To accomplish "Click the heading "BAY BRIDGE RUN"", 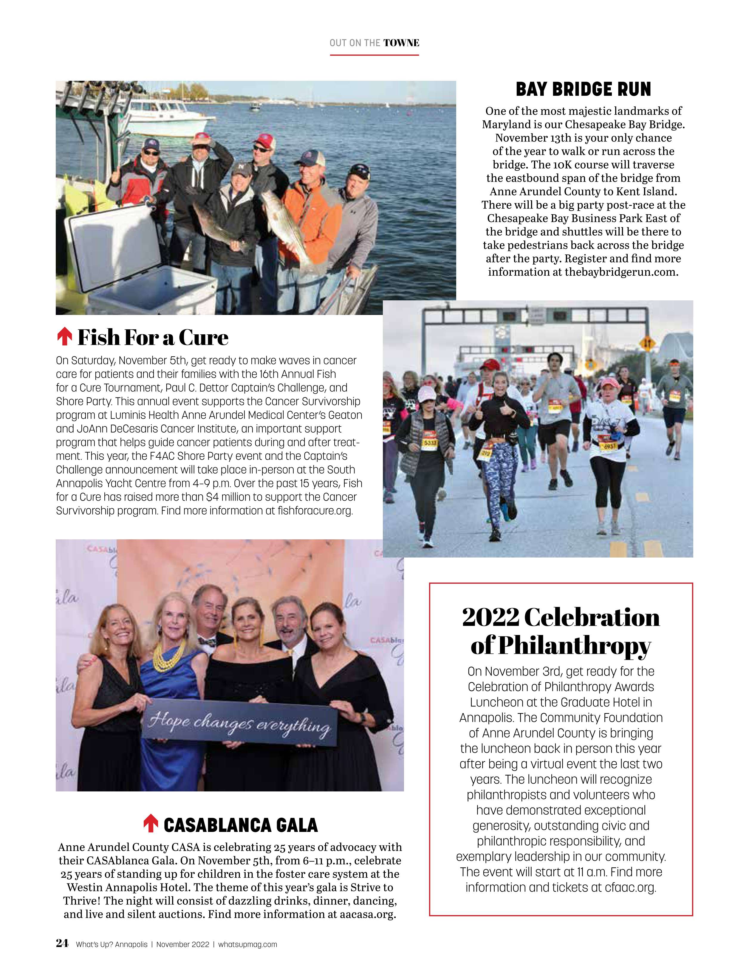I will pyautogui.click(x=583, y=89).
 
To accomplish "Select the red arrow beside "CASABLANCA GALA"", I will pyautogui.click(x=151, y=823).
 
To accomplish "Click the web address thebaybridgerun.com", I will pyautogui.click(x=621, y=272).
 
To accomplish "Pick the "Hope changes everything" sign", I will pyautogui.click(x=239, y=723).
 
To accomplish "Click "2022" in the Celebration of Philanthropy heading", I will pyautogui.click(x=490, y=618).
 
